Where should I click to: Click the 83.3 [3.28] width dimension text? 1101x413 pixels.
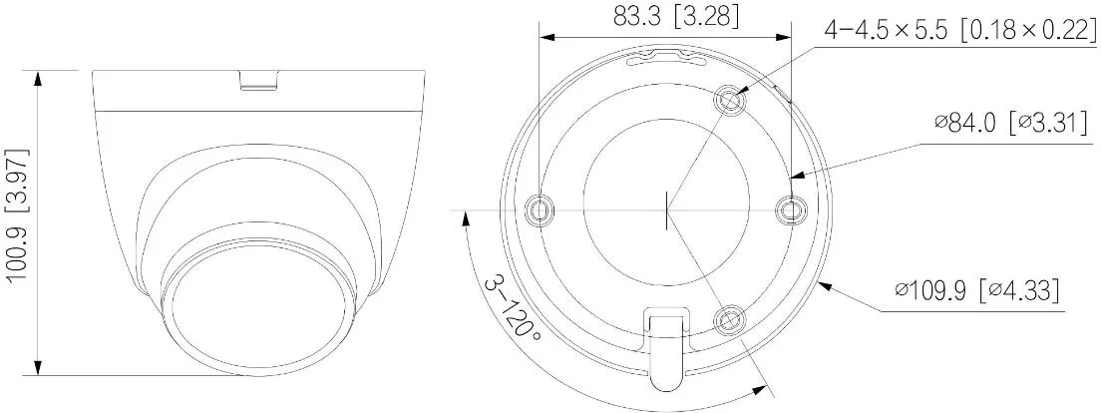tap(664, 18)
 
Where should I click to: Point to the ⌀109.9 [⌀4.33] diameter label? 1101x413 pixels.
tap(976, 290)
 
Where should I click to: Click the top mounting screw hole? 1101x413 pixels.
tap(731, 100)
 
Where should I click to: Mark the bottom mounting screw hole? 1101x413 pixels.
tap(731, 319)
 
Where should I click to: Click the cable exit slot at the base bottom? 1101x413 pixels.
tap(666, 349)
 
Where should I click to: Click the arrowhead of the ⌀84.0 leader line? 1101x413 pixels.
tap(795, 176)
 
